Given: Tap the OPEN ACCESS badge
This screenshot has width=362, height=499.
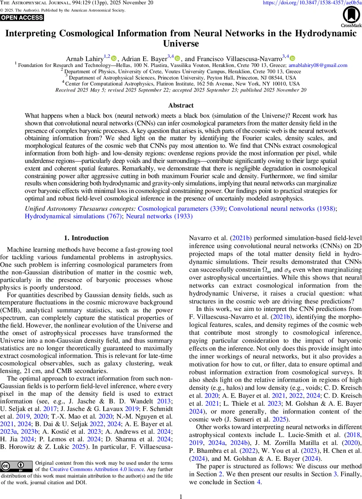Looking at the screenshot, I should pos(22,17).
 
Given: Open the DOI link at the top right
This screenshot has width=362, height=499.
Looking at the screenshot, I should pos(312,3).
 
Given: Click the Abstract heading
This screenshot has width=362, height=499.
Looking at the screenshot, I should pos(181,106).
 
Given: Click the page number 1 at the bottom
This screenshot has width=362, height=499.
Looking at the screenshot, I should pos(181,497).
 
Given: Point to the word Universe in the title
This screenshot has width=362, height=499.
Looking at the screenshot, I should pos(181,43).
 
